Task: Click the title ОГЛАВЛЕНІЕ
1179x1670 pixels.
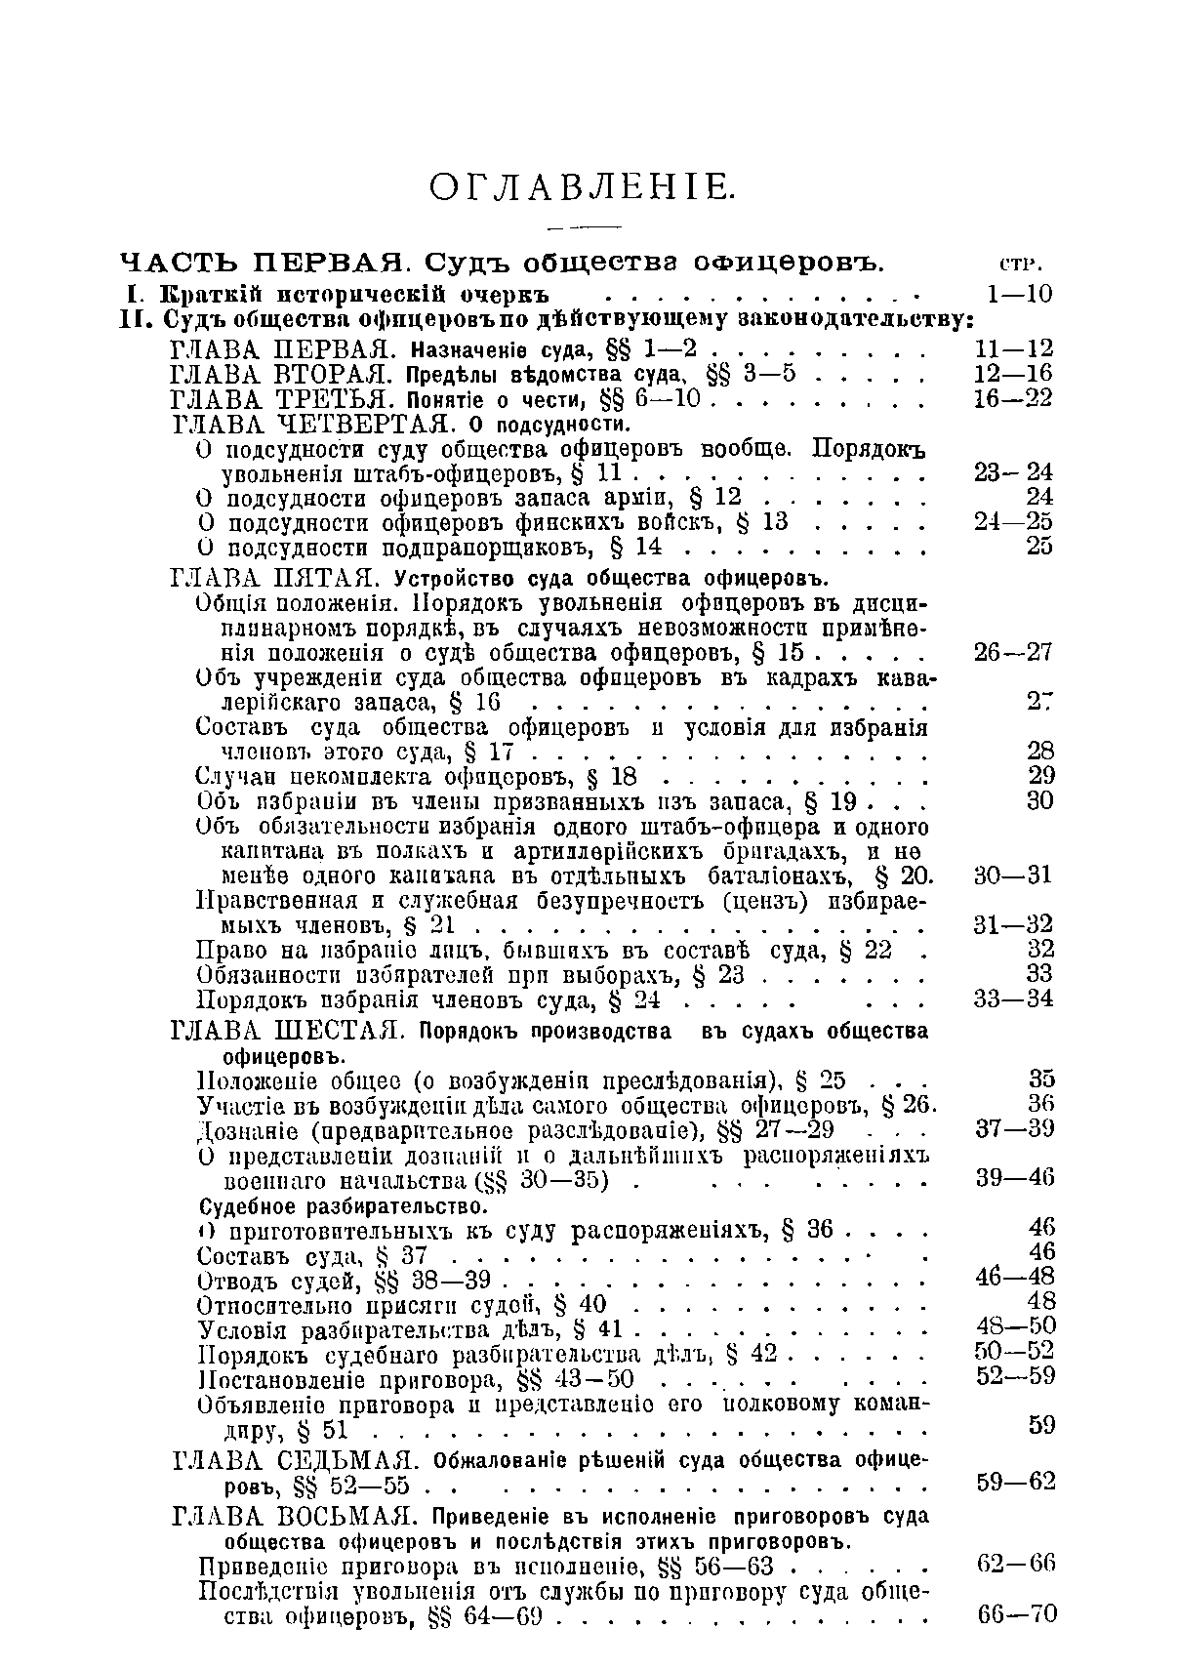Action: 583,186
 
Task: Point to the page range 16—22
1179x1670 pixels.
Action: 1014,398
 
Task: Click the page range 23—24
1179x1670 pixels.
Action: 1014,473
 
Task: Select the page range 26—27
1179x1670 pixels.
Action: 1014,652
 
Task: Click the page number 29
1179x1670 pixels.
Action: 1041,776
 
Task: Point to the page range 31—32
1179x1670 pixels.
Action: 1014,923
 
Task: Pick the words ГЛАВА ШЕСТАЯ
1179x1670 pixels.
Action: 281,1032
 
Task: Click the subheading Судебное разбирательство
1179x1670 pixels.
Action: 342,1206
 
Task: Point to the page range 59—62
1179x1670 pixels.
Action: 1015,1482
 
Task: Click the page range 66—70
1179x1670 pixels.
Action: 1016,1614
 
